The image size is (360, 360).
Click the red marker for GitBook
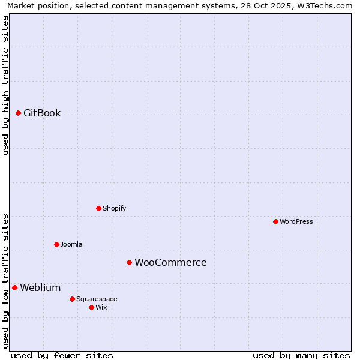pos(18,113)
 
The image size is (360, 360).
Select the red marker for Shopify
pos(98,208)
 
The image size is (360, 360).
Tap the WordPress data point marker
pos(275,221)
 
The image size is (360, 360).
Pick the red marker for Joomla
pos(56,244)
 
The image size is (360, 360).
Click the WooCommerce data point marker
pos(129,262)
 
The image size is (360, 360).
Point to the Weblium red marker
pos(14,287)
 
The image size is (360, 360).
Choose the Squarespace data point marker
pos(72,299)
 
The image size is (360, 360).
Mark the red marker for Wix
pos(91,307)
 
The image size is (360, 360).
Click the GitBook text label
pos(42,113)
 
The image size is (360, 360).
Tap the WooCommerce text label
pos(170,263)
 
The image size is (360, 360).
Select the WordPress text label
pos(296,222)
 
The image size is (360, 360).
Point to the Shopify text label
pos(114,209)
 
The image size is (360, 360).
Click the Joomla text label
pos(71,245)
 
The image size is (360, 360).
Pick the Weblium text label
pos(40,288)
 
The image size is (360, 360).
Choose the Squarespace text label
pos(97,299)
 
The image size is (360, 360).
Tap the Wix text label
pos(101,308)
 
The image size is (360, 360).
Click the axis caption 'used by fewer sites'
pos(62,355)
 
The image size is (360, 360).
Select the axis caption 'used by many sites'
pos(301,355)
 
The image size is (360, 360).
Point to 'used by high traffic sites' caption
pos(5,85)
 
